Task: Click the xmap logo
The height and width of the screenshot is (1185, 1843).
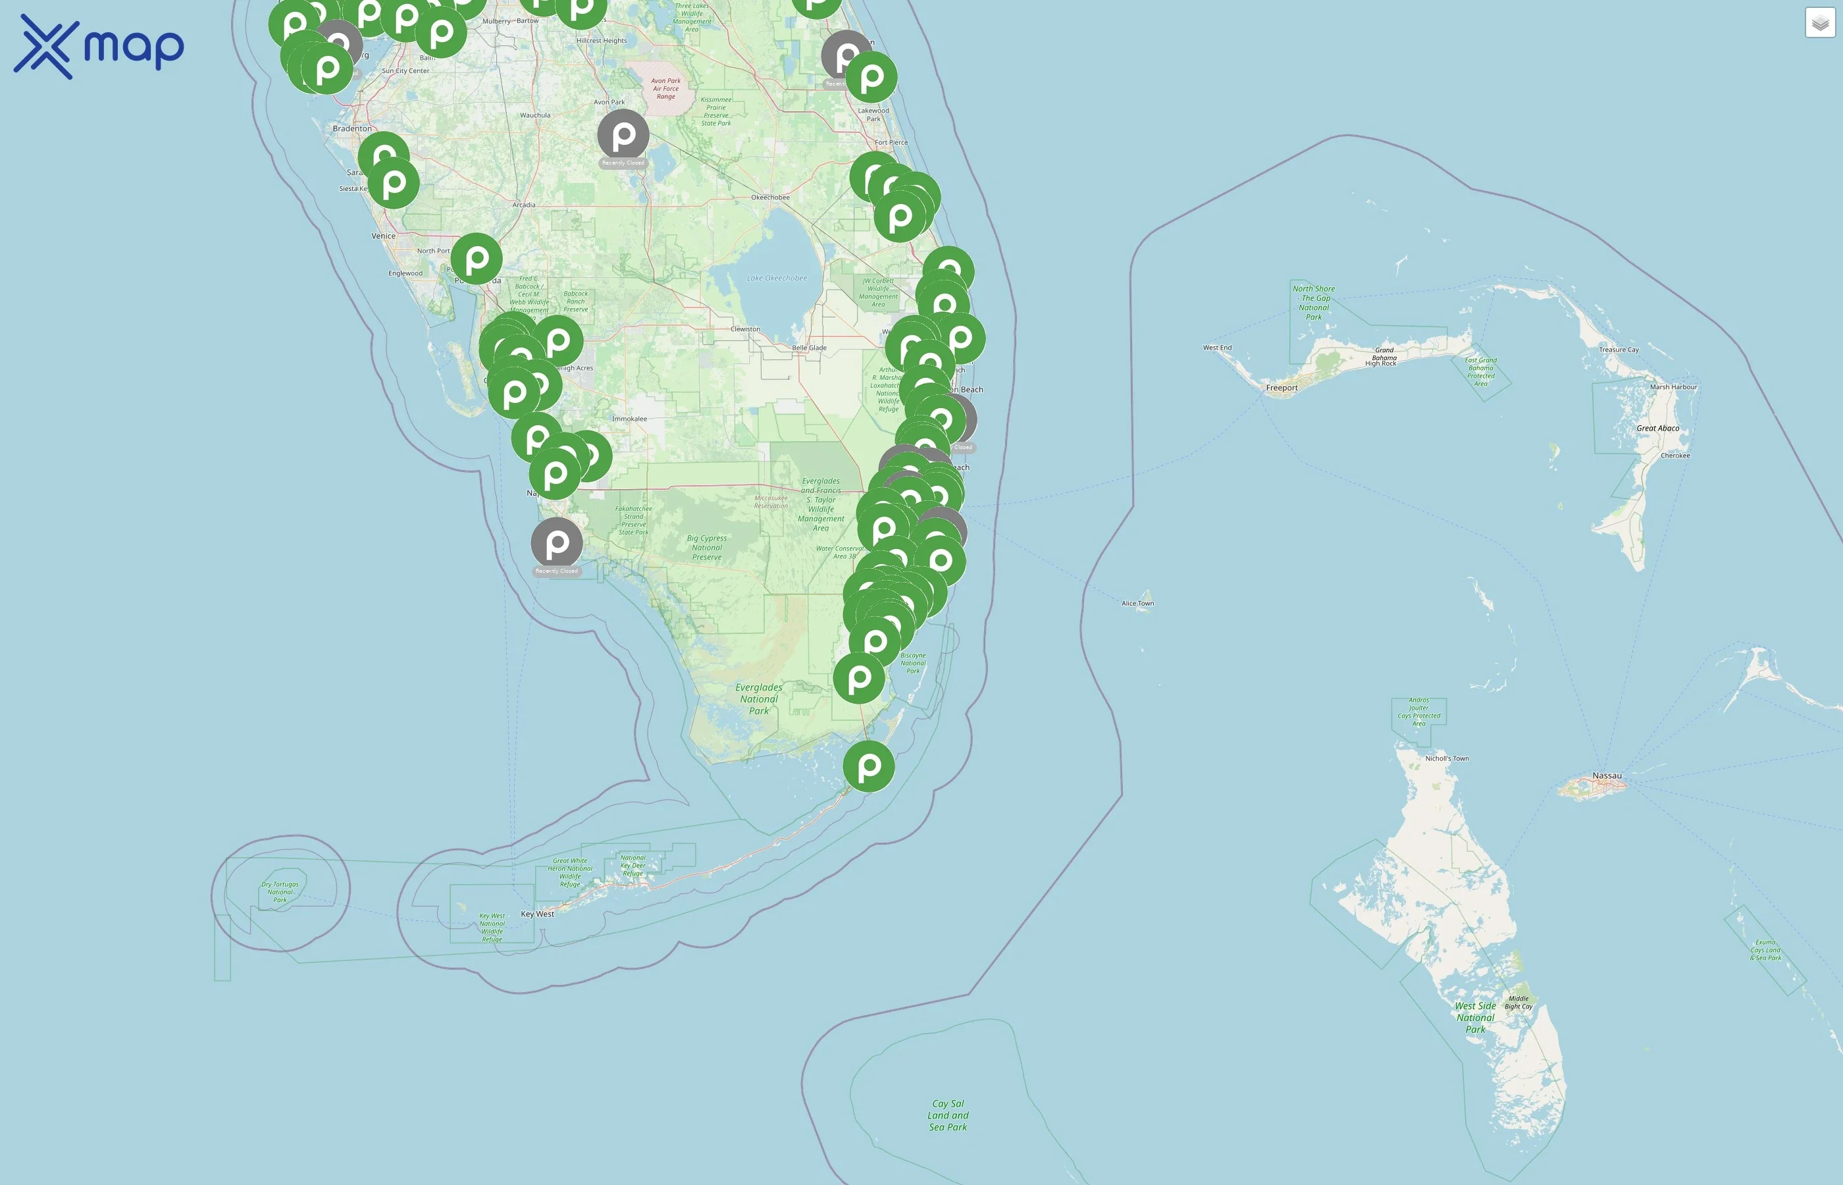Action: pos(99,46)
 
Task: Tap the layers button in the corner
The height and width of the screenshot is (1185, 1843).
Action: pos(1820,23)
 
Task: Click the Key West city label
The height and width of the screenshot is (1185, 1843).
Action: pos(537,914)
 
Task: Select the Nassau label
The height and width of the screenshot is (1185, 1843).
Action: pos(1607,776)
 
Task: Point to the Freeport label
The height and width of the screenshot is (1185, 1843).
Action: pos(1282,388)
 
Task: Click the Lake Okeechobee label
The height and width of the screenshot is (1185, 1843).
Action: pos(777,278)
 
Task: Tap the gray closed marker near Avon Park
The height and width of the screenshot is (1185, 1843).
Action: pos(623,135)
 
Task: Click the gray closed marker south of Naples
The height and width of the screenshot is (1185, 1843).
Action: pos(557,543)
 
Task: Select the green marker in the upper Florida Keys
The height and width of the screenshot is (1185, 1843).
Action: pos(868,766)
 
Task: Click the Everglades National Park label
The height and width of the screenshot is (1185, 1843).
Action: pos(759,698)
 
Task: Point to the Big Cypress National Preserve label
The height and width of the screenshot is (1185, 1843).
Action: pos(707,548)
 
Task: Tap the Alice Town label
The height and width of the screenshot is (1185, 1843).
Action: pos(1137,603)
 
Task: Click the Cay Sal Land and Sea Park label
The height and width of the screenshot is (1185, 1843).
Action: pos(948,1115)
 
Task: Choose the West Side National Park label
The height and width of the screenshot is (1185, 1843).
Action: pos(1475,1017)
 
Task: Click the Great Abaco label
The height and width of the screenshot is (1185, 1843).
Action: pos(1657,428)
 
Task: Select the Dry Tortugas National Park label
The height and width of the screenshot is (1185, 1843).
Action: pos(280,892)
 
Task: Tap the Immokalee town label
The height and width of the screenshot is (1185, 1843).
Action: pos(629,419)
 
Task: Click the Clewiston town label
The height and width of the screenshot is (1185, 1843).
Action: pos(745,329)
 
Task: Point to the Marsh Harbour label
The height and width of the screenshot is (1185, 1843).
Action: pos(1673,387)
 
